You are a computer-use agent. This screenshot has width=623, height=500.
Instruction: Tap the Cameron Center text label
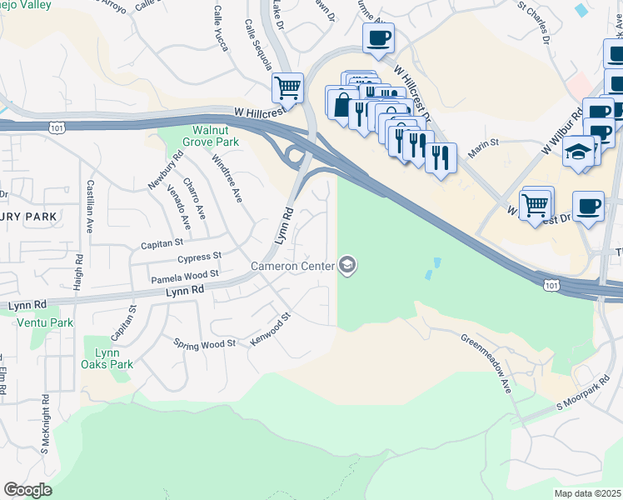[292, 266]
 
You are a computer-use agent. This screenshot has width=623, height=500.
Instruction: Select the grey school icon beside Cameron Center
[347, 266]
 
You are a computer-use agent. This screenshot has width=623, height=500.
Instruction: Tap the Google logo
[27, 490]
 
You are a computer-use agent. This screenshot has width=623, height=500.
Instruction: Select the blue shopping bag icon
[341, 105]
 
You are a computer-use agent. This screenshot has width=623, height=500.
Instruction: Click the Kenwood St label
[273, 330]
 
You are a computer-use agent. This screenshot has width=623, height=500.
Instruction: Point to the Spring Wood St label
[204, 342]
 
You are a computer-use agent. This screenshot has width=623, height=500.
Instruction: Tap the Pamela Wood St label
[184, 273]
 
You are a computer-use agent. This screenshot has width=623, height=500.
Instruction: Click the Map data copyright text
[588, 492]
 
